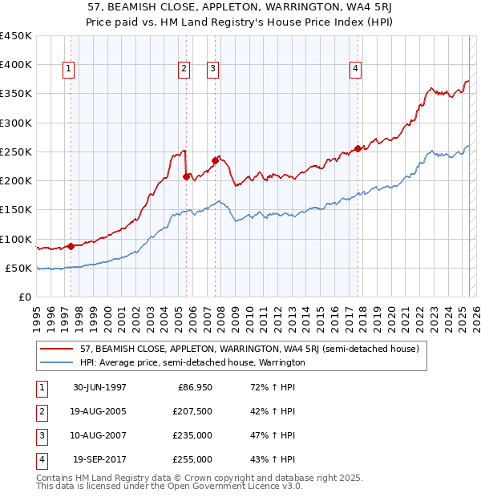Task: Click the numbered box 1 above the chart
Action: [69, 70]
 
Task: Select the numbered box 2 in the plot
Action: [184, 70]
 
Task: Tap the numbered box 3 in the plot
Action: [212, 70]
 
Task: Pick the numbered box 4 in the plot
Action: [354, 70]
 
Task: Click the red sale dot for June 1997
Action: [71, 246]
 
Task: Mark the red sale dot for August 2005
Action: [186, 176]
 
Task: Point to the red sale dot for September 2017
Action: [358, 148]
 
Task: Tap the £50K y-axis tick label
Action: [18, 268]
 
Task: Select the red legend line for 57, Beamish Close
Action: [57, 348]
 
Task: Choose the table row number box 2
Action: [40, 411]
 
